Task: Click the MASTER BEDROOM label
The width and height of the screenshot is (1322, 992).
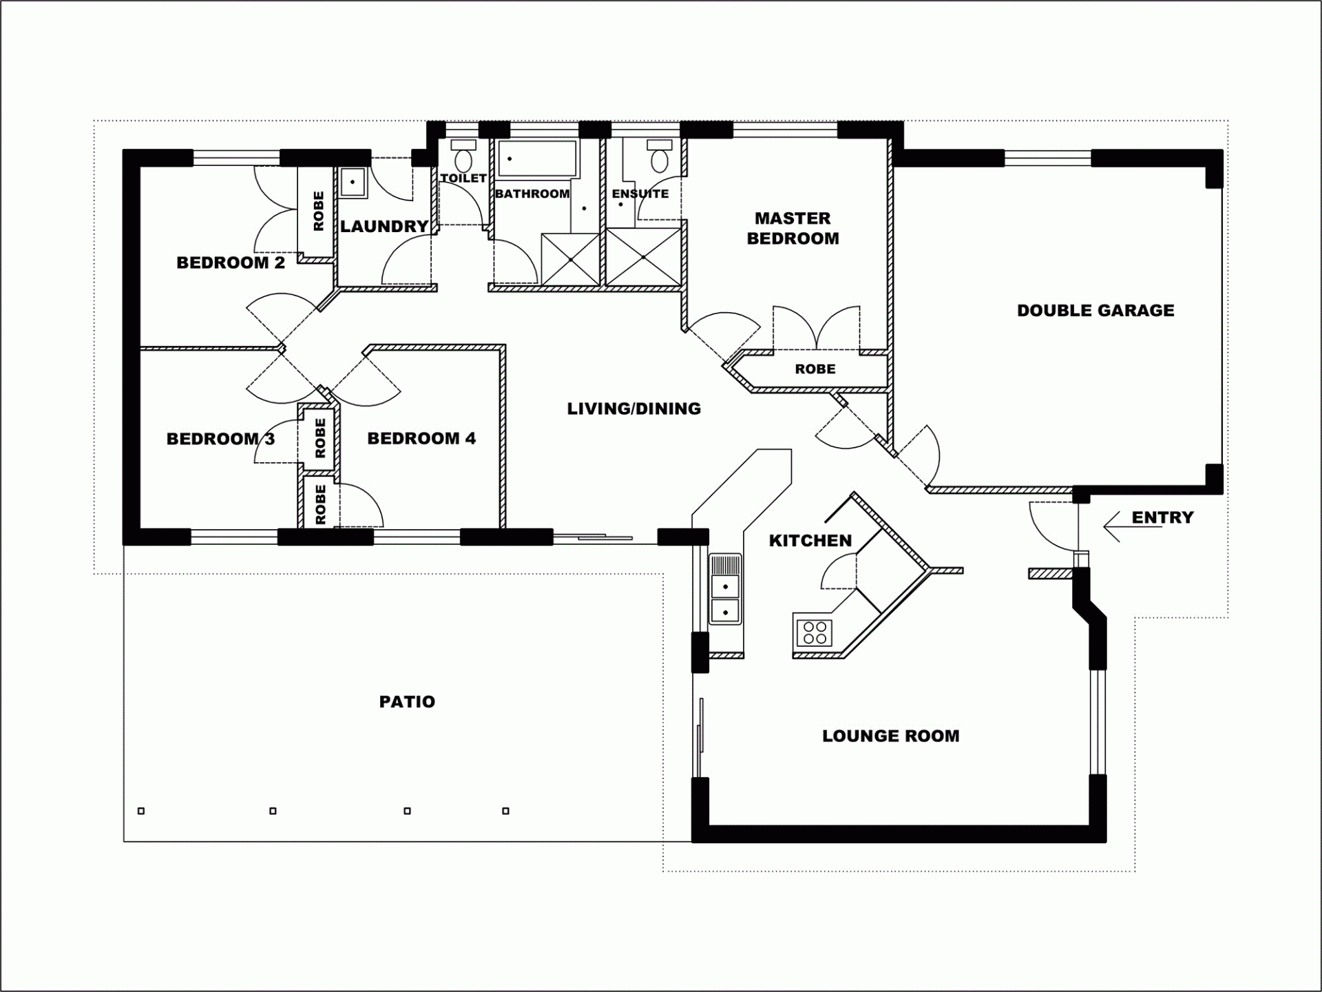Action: coord(793,228)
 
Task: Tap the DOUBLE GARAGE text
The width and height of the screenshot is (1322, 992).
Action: coord(1095,310)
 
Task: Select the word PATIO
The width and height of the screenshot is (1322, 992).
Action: coord(407,701)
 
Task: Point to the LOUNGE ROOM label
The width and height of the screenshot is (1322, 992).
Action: coord(890,736)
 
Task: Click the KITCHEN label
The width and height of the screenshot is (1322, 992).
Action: coord(810,540)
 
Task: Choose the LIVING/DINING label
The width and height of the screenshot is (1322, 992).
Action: coord(633,409)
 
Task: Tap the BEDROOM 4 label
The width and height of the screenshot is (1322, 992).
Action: coord(421,438)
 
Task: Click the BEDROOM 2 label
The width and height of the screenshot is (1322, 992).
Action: coord(231,262)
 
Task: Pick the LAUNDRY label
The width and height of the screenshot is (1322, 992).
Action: coord(384,226)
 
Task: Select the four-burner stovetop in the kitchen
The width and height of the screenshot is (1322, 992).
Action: coord(815,632)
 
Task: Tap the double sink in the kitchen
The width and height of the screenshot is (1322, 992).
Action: coord(725,589)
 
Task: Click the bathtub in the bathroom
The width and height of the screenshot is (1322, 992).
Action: coord(537,158)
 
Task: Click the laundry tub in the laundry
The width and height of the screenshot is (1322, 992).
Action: coord(353,183)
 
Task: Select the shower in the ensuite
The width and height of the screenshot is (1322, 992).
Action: coord(643,257)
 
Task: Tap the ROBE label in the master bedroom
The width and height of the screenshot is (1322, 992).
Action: coord(815,369)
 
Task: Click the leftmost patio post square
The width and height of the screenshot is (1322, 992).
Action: coord(141,811)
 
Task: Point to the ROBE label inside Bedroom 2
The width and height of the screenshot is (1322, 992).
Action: coord(318,211)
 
